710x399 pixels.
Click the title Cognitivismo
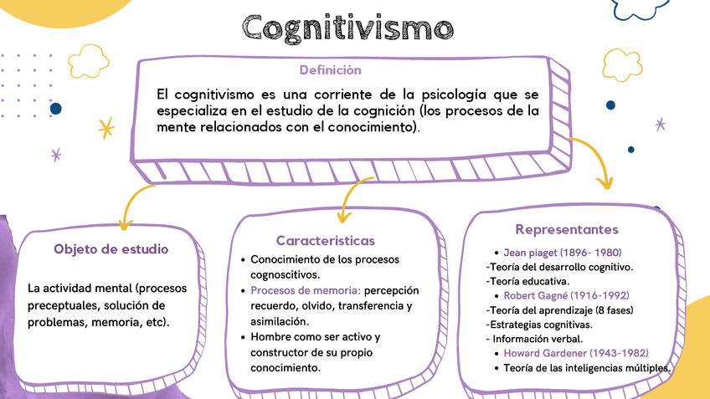[x=348, y=28]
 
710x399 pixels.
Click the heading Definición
[x=330, y=70]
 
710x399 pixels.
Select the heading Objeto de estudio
[x=111, y=249]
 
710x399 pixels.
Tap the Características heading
[x=326, y=240]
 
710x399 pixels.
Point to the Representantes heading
[x=567, y=229]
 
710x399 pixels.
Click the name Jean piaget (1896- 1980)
[x=562, y=252]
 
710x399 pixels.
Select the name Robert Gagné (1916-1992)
[x=566, y=295]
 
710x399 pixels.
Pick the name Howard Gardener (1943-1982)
[x=575, y=353]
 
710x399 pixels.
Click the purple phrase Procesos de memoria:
[x=306, y=290]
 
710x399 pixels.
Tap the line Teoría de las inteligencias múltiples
[x=587, y=368]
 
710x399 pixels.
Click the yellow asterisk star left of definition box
[x=105, y=128]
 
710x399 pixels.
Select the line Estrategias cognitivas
[x=539, y=324]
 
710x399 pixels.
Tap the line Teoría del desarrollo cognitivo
[x=559, y=267]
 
